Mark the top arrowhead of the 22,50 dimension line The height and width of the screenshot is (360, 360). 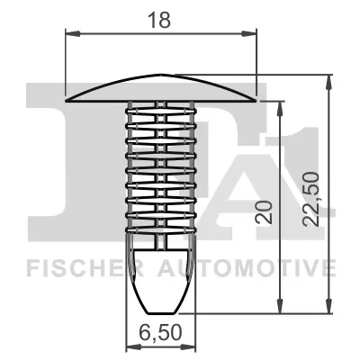pyautogui.click(x=324, y=79)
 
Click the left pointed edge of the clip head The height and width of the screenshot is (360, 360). pyautogui.click(x=70, y=96)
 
